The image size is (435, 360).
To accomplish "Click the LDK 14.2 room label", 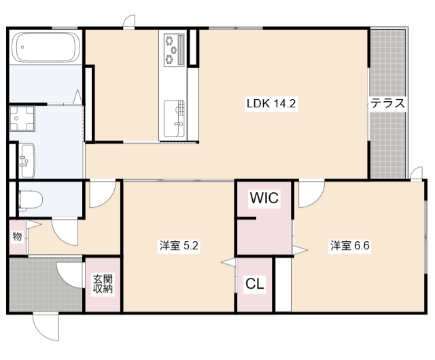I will (x=273, y=104).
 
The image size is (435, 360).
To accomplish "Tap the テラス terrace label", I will (x=387, y=104).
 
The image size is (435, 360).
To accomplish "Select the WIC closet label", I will (x=263, y=198).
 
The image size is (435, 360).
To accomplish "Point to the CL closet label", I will (x=255, y=284).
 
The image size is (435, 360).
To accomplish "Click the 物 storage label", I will (x=17, y=236).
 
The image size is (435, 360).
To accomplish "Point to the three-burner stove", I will (x=173, y=49).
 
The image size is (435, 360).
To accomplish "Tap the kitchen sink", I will (x=174, y=116).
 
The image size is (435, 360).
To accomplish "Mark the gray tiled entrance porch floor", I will (x=34, y=285).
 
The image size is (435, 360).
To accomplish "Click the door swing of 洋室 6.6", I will (x=309, y=194).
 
